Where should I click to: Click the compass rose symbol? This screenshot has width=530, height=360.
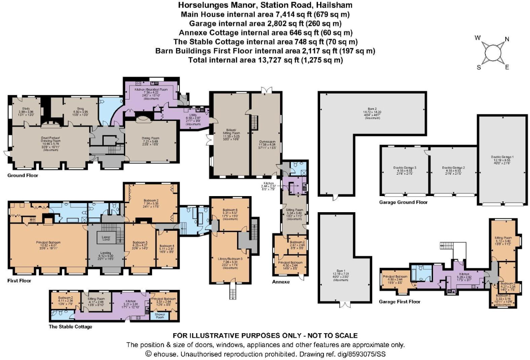492,52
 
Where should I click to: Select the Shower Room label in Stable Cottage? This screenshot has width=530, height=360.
160,315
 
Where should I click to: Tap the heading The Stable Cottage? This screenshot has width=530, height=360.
70,327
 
